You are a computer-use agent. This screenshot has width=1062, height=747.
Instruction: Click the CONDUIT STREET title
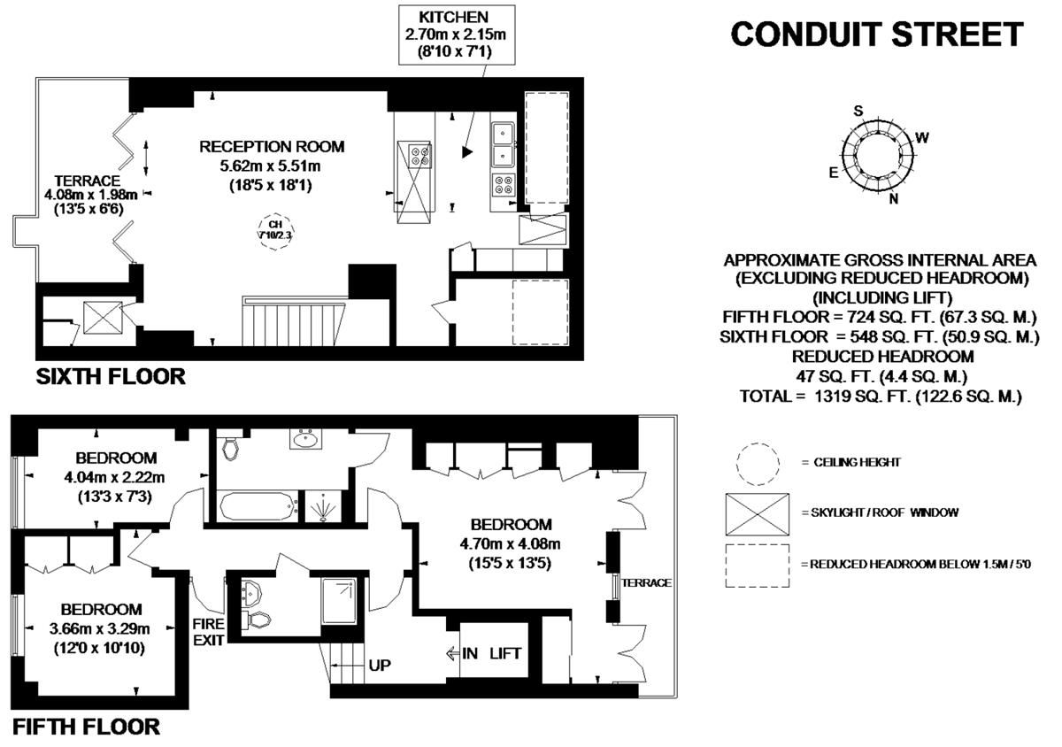coord(876,35)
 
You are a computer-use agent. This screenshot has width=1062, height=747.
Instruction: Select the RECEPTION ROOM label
coord(271,147)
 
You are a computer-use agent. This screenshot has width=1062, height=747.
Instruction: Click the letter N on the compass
coord(894,198)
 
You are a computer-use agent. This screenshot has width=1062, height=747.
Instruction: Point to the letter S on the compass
coord(857,111)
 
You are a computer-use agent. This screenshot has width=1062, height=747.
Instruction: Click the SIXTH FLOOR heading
coord(110,377)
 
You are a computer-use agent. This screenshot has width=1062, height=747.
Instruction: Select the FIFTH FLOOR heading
coord(87,728)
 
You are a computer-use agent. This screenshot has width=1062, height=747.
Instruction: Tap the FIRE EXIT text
coord(209,631)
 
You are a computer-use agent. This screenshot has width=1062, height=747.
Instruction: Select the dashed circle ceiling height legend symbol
coord(758,465)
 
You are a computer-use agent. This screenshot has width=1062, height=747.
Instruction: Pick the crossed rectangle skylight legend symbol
coord(758,514)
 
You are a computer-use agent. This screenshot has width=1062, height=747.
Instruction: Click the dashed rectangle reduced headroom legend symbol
coord(758,565)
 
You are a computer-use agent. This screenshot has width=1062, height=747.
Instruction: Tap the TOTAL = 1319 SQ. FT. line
coord(881,397)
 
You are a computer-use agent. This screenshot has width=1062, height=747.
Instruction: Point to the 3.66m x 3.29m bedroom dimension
coord(101,629)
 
